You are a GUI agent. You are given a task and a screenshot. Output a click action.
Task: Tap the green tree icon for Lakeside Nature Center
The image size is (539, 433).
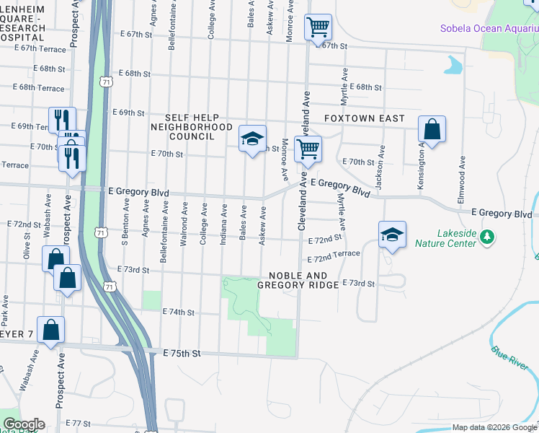click(487, 236)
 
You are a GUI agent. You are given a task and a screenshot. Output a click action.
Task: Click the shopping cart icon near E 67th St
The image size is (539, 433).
click(318, 27)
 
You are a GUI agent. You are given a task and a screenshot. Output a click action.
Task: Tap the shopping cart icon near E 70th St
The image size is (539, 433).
click(308, 149)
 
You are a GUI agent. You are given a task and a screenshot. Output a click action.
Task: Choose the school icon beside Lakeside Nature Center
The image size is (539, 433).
click(392, 235)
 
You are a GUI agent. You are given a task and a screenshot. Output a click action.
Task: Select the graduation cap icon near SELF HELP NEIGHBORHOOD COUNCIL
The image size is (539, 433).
click(253, 139)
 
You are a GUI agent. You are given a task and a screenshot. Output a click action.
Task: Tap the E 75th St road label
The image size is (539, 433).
click(181, 353)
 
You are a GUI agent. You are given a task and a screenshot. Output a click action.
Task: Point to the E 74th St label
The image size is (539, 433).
click(179, 312)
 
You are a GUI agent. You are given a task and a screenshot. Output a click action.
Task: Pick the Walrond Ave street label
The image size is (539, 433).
click(184, 224)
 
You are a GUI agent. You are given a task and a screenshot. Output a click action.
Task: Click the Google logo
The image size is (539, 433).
click(23, 424)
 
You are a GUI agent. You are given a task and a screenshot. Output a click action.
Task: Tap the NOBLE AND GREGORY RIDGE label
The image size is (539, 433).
click(303, 281)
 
